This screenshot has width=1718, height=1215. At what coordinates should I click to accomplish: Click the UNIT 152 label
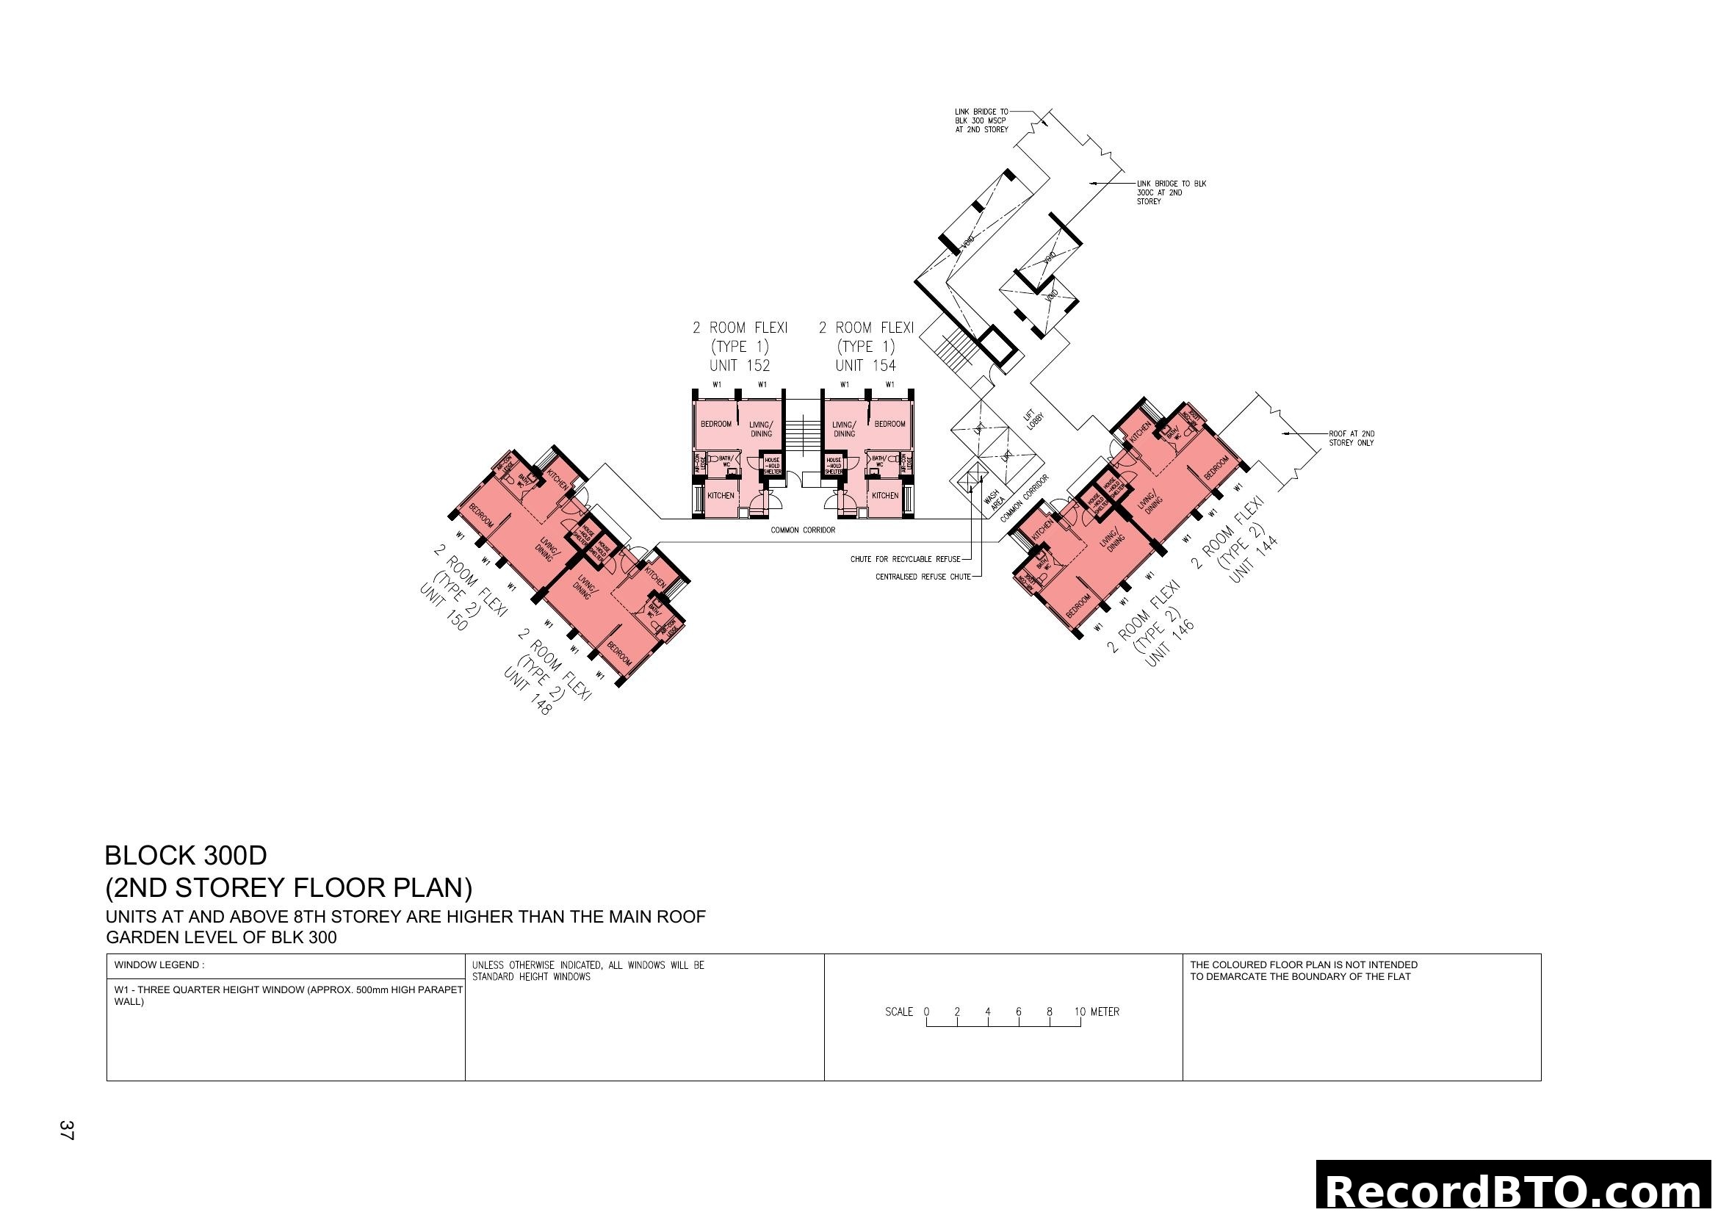(740, 366)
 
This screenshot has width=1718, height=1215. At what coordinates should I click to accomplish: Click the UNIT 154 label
(865, 366)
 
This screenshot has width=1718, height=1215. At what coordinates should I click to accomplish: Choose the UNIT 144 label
(1253, 560)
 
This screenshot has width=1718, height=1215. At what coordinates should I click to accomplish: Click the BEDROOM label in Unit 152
(715, 424)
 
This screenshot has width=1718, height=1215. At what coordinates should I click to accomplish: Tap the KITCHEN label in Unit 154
(884, 495)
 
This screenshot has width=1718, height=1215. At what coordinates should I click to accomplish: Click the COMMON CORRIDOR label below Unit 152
(802, 530)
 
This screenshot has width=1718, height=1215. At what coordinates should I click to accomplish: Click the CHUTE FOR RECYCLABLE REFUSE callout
(905, 559)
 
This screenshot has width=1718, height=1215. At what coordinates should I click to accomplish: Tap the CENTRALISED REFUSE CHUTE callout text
(923, 577)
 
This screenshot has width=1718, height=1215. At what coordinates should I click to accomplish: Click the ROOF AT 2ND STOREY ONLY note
(1351, 439)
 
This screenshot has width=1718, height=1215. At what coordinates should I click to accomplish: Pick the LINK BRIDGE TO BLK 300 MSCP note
(981, 120)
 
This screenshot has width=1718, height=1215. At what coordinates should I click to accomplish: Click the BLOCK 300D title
(186, 855)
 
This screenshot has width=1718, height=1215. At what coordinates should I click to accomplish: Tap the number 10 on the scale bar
(1080, 1012)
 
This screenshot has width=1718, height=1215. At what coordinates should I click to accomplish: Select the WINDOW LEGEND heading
(159, 965)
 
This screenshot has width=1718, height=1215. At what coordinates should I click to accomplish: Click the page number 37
(67, 1131)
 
